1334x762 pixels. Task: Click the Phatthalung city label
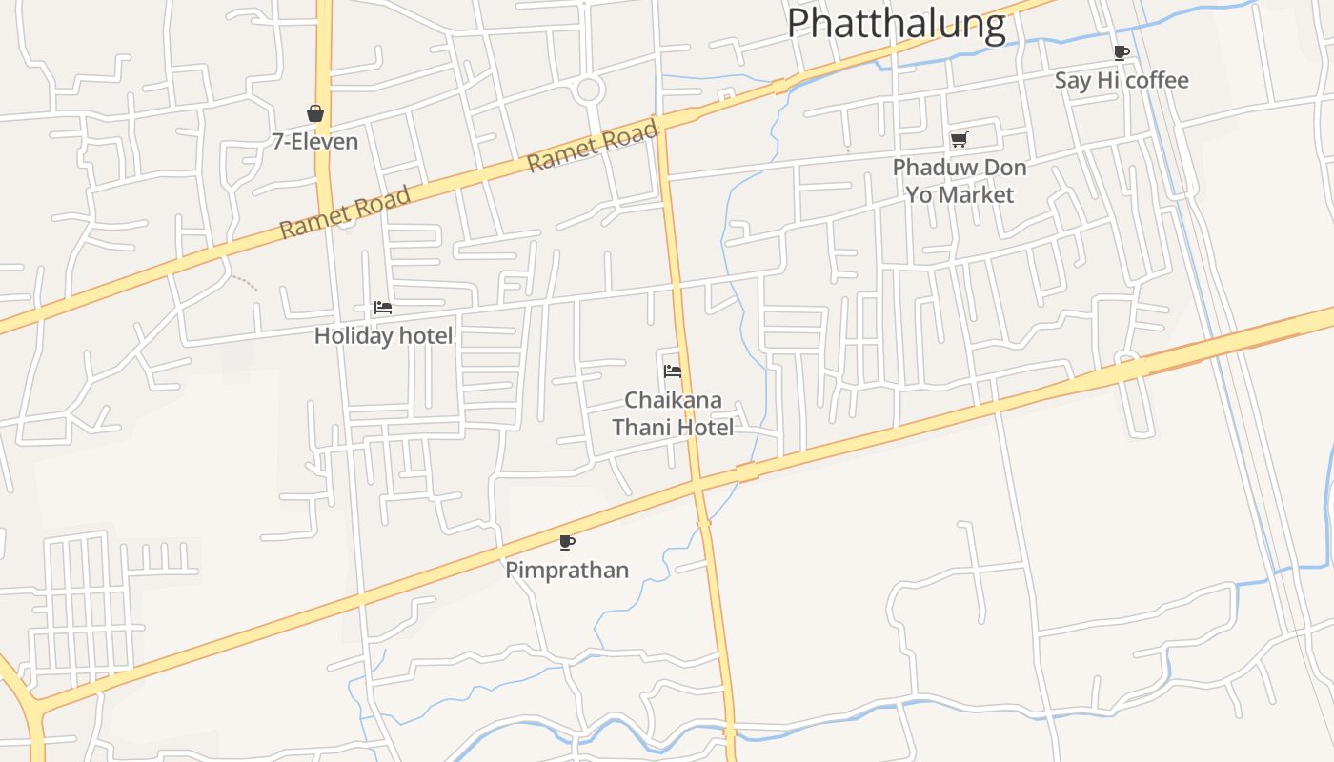click(x=897, y=25)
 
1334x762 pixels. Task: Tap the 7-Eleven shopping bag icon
click(x=315, y=113)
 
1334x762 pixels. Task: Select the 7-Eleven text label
click(x=315, y=142)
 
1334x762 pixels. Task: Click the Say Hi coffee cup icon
click(x=1122, y=52)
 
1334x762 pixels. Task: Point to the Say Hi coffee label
click(x=1122, y=80)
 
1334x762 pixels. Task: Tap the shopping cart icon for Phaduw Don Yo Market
click(x=959, y=139)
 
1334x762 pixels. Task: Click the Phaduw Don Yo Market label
click(x=960, y=181)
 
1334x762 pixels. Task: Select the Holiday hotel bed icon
click(x=383, y=308)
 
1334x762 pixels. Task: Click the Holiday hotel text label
click(x=384, y=336)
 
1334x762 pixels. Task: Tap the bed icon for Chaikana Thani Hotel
click(x=673, y=371)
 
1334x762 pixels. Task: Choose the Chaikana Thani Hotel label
click(x=673, y=413)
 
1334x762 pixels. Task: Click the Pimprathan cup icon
click(x=567, y=542)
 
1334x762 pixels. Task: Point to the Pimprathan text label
click(x=567, y=571)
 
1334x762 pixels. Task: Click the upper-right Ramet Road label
click(x=592, y=146)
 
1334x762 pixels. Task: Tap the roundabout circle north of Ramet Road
click(x=589, y=90)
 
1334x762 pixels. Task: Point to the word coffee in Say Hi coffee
click(x=1157, y=80)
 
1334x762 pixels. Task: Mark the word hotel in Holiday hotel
click(x=426, y=336)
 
